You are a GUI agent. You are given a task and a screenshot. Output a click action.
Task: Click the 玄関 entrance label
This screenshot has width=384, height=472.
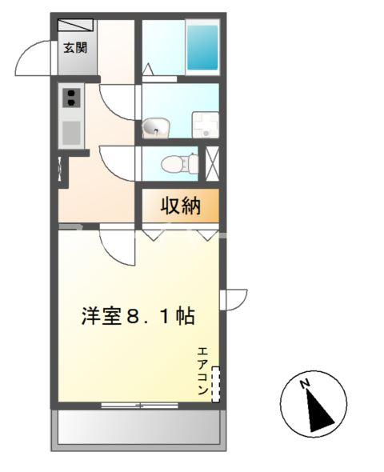pos(76,47)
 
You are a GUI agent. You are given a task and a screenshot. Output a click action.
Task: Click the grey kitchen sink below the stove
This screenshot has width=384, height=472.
pos(72,132)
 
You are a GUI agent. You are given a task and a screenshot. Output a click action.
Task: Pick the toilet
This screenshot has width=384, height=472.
pos(179,164)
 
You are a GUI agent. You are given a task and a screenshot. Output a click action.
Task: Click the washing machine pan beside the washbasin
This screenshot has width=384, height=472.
pos(204,125)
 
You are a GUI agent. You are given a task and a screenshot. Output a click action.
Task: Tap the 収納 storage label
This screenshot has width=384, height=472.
pos(179,206)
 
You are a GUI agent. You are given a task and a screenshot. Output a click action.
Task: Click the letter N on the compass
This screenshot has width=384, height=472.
pos(305,385)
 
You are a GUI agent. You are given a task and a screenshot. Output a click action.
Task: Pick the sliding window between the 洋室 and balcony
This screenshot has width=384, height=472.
pos(139,406)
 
